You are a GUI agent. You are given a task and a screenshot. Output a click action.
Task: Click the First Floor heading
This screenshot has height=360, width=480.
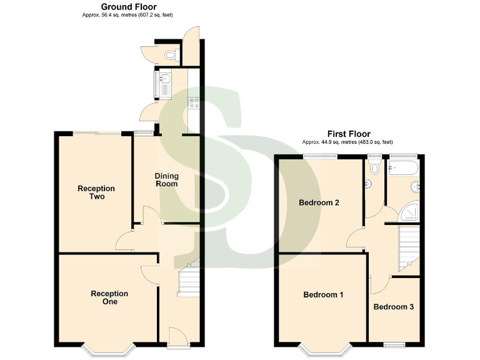click(x=349, y=134)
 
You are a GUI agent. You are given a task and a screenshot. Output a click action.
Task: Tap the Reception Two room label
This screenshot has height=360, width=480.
click(x=96, y=192)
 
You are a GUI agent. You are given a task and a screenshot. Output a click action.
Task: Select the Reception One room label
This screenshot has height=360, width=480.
click(x=109, y=297)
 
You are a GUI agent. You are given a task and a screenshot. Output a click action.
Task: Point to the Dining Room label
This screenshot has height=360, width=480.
click(x=166, y=180)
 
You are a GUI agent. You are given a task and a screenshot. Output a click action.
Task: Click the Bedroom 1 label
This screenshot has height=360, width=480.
click(x=323, y=295)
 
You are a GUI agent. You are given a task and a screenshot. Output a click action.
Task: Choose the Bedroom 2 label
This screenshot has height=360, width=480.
click(x=319, y=202)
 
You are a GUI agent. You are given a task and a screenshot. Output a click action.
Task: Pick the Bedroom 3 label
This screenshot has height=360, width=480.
click(x=393, y=307)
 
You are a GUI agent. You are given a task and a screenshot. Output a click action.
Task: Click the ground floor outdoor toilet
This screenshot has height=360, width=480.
click(x=169, y=55)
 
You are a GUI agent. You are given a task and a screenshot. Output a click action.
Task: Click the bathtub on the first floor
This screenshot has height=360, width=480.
click(x=402, y=167)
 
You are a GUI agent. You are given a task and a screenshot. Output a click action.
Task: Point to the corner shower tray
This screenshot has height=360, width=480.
click(x=409, y=212)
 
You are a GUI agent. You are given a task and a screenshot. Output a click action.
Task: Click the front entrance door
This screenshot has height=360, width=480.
click(x=176, y=337)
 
